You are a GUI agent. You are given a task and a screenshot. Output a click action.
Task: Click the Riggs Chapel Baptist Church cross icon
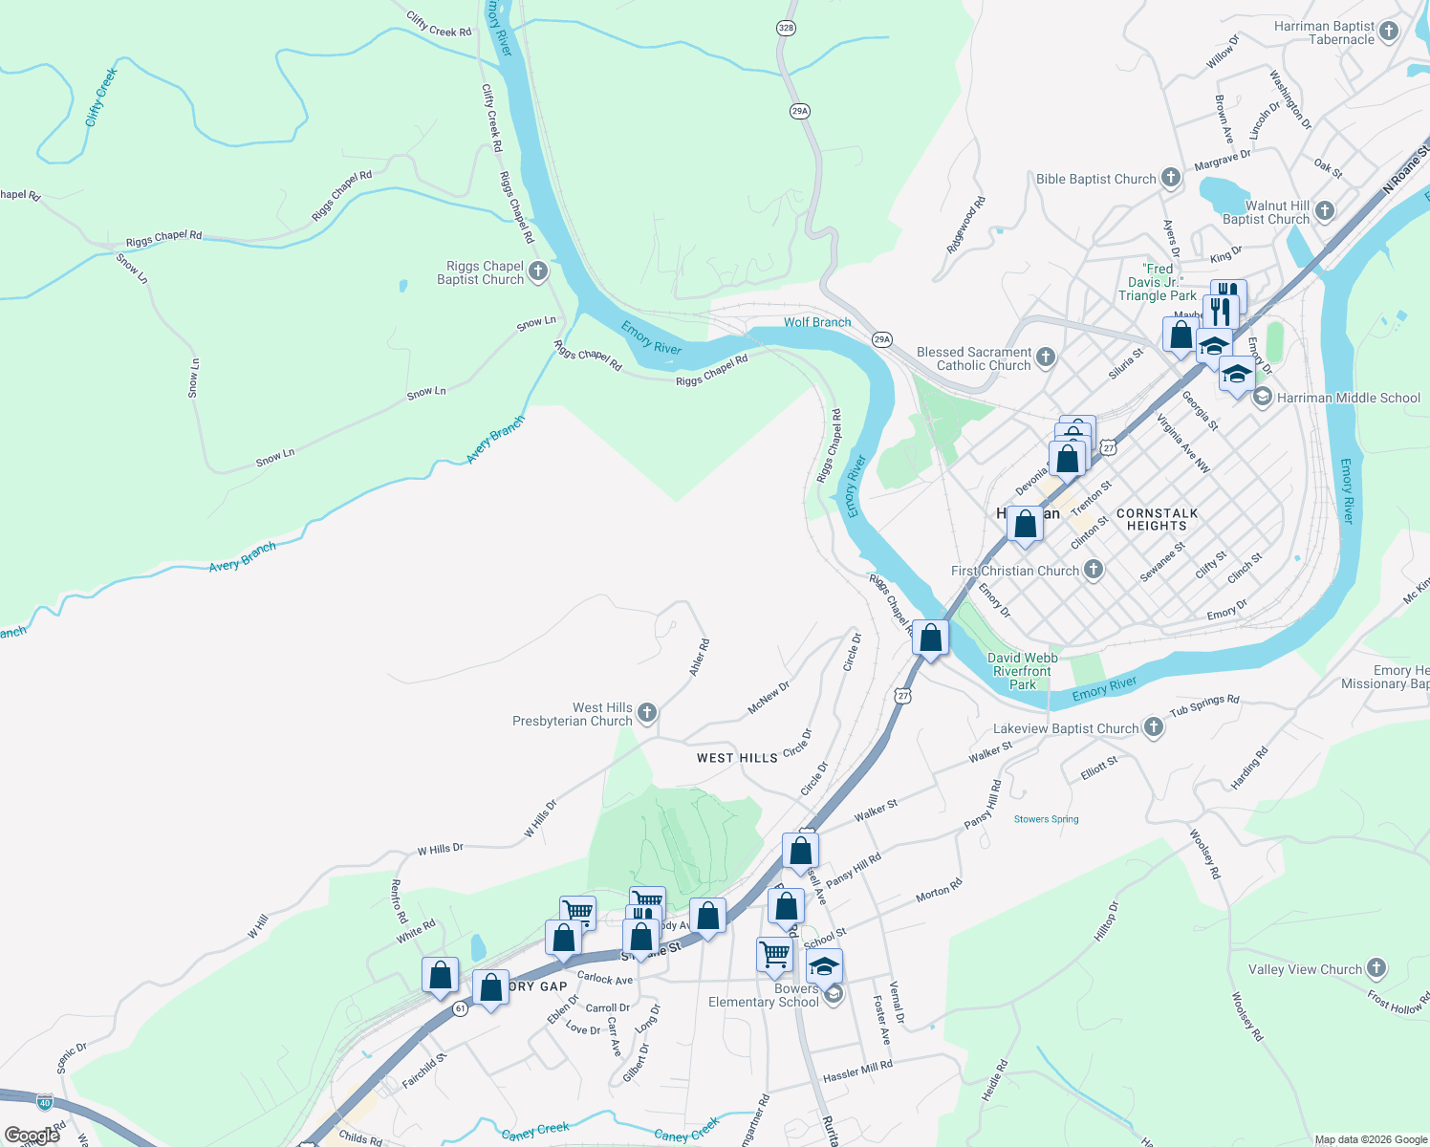coord(538,272)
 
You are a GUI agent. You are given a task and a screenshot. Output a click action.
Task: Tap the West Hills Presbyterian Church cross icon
coord(647,713)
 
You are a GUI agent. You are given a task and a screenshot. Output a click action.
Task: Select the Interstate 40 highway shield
coord(45,1102)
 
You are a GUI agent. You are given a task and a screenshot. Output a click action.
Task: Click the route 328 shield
coord(786,28)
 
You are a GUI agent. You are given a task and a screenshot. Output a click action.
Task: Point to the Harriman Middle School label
coord(1348,398)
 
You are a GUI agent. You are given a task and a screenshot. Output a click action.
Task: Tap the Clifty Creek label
coord(100,97)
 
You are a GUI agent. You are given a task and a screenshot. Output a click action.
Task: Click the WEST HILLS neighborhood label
coord(737,758)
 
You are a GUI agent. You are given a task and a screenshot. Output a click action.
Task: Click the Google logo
coord(32,1136)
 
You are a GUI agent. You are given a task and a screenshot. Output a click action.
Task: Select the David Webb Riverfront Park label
coord(1022,671)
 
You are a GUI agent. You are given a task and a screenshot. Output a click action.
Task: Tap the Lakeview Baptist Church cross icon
coord(1154,727)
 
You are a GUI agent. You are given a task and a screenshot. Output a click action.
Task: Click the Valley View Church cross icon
coord(1376,968)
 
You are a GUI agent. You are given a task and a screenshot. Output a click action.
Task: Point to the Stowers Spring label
coord(1046,819)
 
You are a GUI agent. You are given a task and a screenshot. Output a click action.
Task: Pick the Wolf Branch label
coord(817,322)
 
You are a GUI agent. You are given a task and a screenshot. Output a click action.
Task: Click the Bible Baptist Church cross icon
coord(1171,178)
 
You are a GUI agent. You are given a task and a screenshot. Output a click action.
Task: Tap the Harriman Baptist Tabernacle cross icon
coord(1389,32)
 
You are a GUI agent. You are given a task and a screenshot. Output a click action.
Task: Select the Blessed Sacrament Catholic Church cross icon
coord(1046,357)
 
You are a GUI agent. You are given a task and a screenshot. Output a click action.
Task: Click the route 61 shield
coord(461,1008)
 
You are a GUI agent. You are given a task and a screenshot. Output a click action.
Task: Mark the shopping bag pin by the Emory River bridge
coord(930,638)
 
